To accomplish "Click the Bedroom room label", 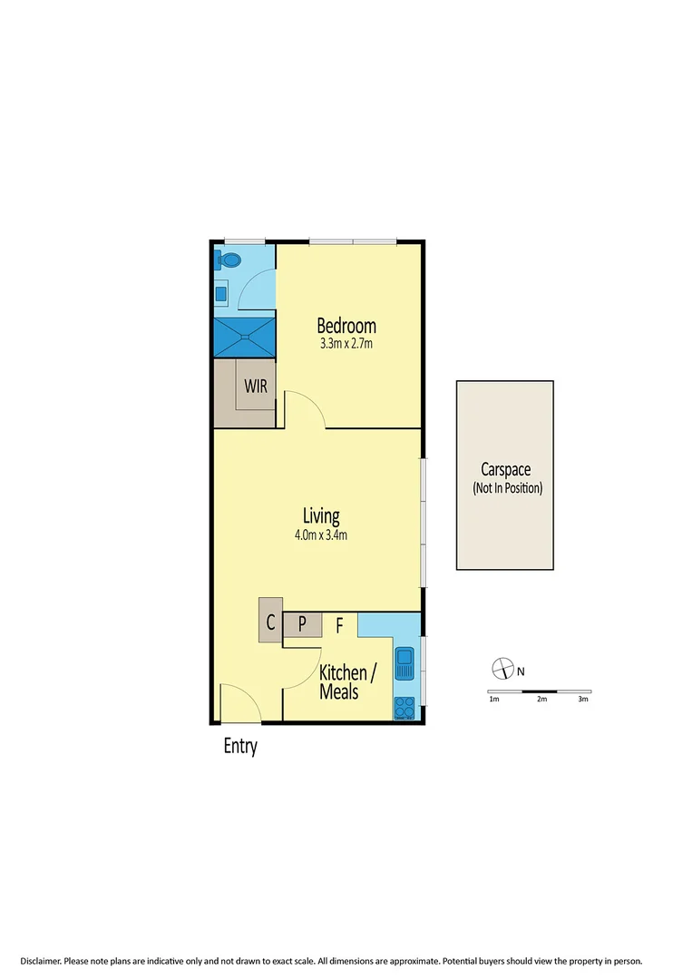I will point(346,327).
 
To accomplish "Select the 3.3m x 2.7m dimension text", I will point(346,344).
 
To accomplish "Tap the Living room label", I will point(322,516).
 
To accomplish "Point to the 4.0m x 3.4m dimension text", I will point(321,534).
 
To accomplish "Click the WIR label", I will point(255,385).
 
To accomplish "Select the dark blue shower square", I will point(243,337).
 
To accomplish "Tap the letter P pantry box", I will point(303,624).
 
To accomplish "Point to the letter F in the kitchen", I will point(339,624).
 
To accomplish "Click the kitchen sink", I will point(404,663).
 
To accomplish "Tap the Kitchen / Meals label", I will point(346,681).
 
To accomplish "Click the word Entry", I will point(240,747).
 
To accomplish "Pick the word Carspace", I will point(505,470).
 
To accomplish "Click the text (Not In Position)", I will point(506,488).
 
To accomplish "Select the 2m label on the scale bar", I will point(541,700).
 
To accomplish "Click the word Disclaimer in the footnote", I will point(45,960).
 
